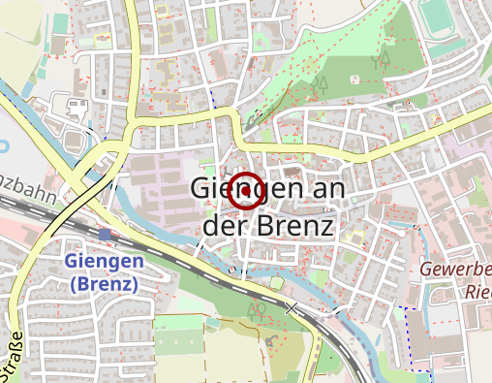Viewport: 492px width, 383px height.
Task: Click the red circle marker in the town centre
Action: [x=246, y=191]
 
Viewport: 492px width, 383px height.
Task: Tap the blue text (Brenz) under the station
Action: [x=105, y=284]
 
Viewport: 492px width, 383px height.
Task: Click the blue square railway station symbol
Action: [x=105, y=234]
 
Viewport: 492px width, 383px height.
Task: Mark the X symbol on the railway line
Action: [x=292, y=307]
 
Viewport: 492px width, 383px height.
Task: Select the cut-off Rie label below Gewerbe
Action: [x=477, y=290]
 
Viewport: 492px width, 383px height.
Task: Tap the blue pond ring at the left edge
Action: [x=3, y=146]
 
